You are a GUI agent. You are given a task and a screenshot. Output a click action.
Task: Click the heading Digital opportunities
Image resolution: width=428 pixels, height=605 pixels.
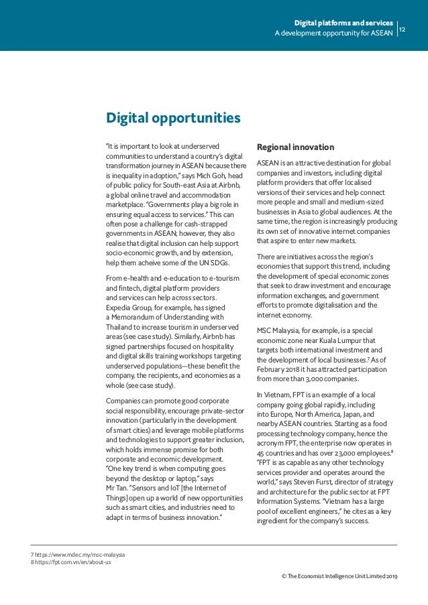pyautogui.click(x=173, y=119)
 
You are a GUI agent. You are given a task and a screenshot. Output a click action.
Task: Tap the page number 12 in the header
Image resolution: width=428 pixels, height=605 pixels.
pyautogui.click(x=403, y=29)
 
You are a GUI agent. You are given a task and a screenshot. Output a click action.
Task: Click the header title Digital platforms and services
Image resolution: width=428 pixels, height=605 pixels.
pyautogui.click(x=349, y=23)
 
